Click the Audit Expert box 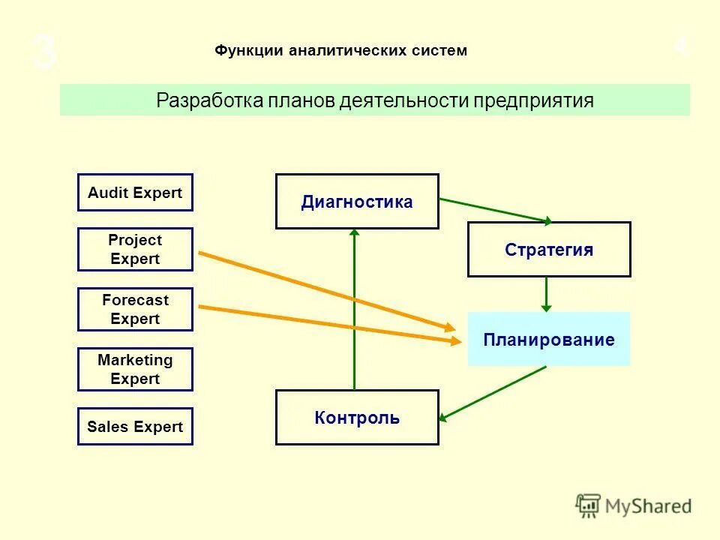(x=135, y=193)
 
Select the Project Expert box (x=135, y=249)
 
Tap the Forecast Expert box (x=135, y=309)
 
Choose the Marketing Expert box (x=135, y=369)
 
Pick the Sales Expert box (x=135, y=427)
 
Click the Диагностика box (x=357, y=202)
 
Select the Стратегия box (x=549, y=250)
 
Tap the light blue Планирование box (x=549, y=340)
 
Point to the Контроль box (x=357, y=418)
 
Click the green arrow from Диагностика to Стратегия (x=495, y=210)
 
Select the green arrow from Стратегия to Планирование (x=546, y=294)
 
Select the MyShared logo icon (x=589, y=505)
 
